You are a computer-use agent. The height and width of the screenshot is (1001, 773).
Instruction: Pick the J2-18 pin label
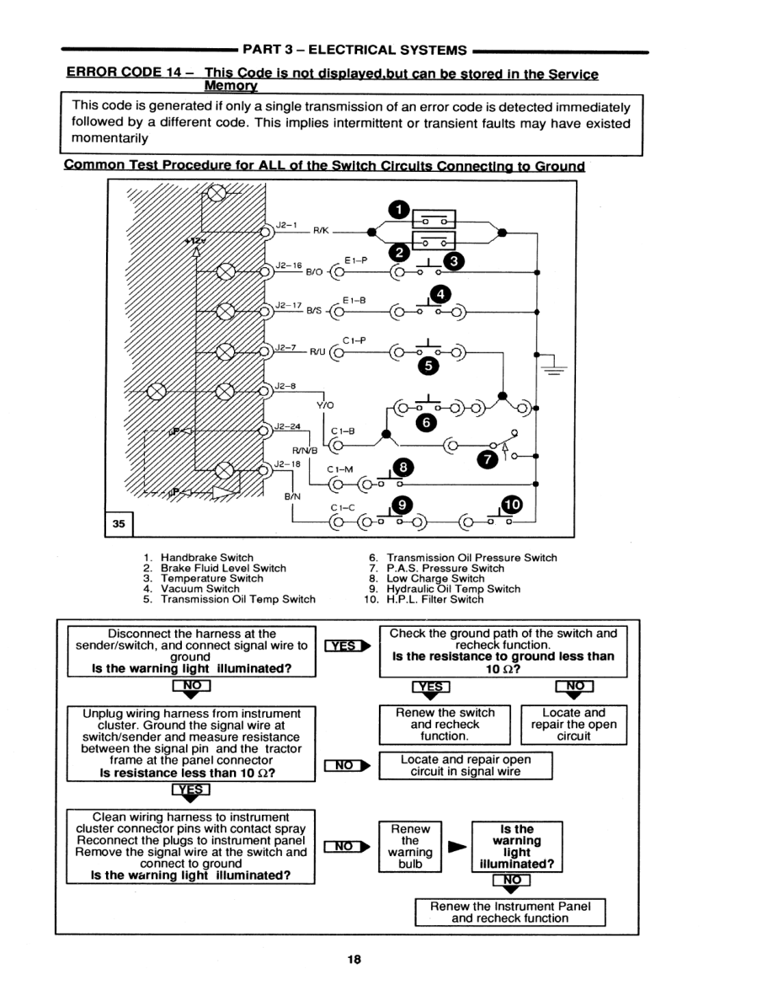[287, 463]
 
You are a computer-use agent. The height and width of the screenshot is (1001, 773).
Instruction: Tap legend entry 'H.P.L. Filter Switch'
[435, 599]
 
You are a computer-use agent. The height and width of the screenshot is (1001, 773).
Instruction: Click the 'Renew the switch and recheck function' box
[445, 724]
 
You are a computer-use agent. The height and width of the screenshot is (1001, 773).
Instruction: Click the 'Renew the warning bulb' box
[410, 846]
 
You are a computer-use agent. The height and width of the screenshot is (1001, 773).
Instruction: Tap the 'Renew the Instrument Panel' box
[510, 912]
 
